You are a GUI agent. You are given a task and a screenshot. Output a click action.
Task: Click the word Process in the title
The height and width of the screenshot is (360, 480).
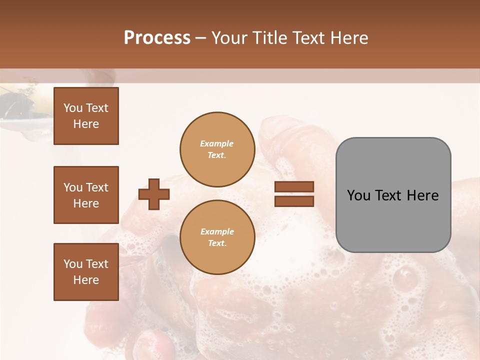point(157,38)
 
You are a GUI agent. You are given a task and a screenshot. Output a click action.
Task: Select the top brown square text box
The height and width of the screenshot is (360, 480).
point(86,116)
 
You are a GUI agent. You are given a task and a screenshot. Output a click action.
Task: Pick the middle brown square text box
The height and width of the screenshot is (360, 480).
point(86,195)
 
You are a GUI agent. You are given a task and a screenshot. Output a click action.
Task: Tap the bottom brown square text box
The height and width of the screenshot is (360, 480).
point(86,271)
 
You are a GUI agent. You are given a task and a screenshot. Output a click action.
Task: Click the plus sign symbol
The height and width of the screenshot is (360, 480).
point(154,194)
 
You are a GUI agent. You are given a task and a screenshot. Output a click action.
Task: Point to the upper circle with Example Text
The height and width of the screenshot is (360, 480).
point(217,149)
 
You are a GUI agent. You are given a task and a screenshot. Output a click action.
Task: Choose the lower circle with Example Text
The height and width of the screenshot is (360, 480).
point(217,237)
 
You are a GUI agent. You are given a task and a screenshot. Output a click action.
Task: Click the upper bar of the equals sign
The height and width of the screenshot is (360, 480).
point(294,186)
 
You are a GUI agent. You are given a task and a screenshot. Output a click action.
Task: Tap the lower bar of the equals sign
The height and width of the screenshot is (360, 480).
point(294,201)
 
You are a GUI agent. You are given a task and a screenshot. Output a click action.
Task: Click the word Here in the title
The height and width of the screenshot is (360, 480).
point(349,38)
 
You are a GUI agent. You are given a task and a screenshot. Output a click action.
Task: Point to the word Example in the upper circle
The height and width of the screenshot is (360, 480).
point(217,144)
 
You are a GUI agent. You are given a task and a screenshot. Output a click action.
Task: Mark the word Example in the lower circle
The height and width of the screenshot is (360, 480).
point(217,232)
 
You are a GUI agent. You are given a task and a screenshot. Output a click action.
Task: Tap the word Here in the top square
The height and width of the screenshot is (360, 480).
point(86,124)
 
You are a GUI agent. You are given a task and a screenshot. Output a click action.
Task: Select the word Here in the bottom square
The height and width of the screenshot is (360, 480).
point(86,280)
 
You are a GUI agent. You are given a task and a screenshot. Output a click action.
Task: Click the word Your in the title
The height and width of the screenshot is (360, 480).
point(229,38)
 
